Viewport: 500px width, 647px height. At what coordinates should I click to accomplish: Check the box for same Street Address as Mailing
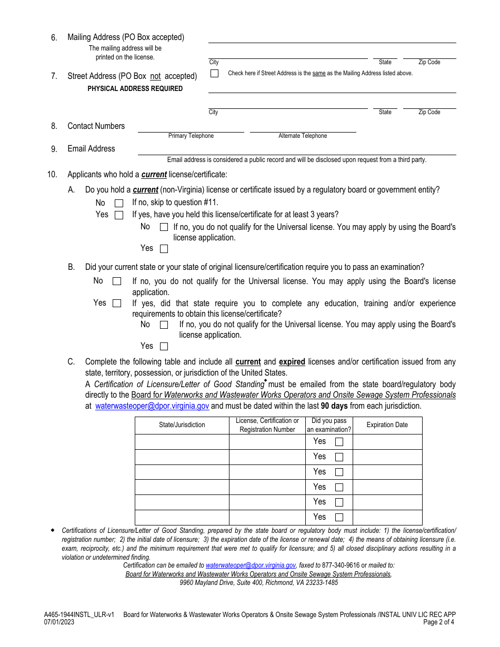tap(214, 74)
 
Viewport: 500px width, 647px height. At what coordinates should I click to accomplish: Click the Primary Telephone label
tap(191, 136)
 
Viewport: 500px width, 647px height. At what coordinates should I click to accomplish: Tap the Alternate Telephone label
tap(303, 136)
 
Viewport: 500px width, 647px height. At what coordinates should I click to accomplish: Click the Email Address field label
tap(91, 149)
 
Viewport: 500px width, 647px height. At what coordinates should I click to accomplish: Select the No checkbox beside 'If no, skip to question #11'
tap(119, 203)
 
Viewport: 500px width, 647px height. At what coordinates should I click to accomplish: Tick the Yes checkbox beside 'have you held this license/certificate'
tap(119, 215)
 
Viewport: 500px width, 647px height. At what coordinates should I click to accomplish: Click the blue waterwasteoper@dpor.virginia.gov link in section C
tap(152, 406)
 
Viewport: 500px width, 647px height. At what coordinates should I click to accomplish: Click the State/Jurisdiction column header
tap(182, 425)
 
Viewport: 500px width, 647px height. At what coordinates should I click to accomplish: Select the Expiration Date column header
tap(387, 425)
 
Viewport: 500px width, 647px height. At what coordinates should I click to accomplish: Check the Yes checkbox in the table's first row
tap(339, 442)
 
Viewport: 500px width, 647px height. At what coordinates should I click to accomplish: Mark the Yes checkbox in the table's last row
tap(339, 517)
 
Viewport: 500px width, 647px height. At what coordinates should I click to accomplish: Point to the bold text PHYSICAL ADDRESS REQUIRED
tap(135, 89)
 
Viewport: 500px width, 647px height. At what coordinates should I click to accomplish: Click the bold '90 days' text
tap(333, 406)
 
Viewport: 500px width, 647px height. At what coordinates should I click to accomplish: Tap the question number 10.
tap(52, 175)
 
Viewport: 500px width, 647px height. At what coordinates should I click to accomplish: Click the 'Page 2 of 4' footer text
tap(438, 622)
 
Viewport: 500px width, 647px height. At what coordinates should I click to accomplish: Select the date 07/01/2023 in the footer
tap(59, 622)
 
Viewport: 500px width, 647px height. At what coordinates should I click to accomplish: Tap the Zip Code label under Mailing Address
tap(429, 62)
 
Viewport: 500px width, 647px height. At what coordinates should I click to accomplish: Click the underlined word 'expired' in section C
tap(292, 362)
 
